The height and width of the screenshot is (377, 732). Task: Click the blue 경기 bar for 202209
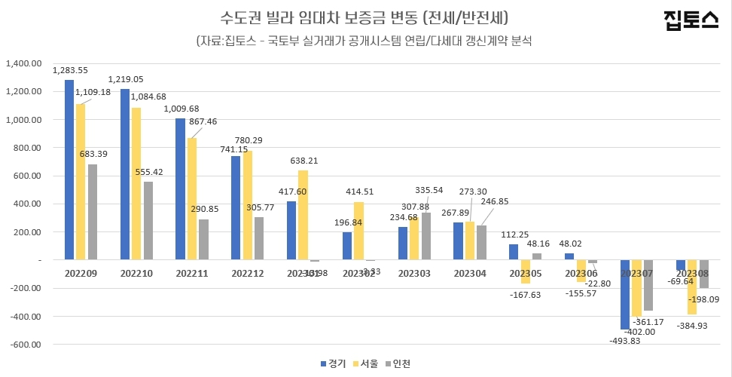tap(69, 170)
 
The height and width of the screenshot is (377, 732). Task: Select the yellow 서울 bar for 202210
tap(136, 184)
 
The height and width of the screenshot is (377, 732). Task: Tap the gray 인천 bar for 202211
tap(203, 239)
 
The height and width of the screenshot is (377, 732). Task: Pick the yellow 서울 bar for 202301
tap(303, 215)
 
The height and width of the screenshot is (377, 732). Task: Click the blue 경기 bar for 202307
tap(625, 294)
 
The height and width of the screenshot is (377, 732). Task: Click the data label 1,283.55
tap(70, 70)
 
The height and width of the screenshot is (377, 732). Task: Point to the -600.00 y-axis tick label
tap(24, 345)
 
